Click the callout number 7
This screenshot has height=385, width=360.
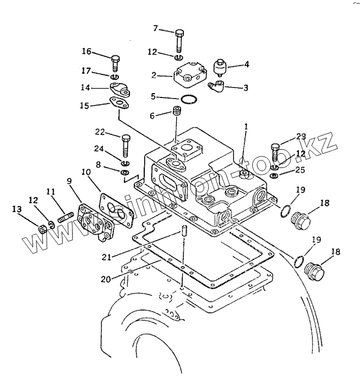[x=155, y=29]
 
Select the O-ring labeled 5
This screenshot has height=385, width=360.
[x=189, y=100]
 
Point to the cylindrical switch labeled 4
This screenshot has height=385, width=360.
[x=219, y=66]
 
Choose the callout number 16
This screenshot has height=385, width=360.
[x=86, y=52]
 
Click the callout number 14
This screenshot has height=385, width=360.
[x=85, y=88]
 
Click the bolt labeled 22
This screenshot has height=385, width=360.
[x=126, y=146]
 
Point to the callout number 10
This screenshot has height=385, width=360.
[x=86, y=172]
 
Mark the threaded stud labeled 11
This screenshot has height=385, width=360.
[x=66, y=218]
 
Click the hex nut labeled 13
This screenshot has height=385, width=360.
[x=43, y=229]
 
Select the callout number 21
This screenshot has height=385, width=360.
[x=106, y=257]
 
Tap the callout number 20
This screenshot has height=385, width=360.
[x=106, y=279]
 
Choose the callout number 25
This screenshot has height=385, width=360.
[x=300, y=170]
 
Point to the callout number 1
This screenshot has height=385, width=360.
[x=246, y=127]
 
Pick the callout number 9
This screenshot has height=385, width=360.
[x=69, y=181]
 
